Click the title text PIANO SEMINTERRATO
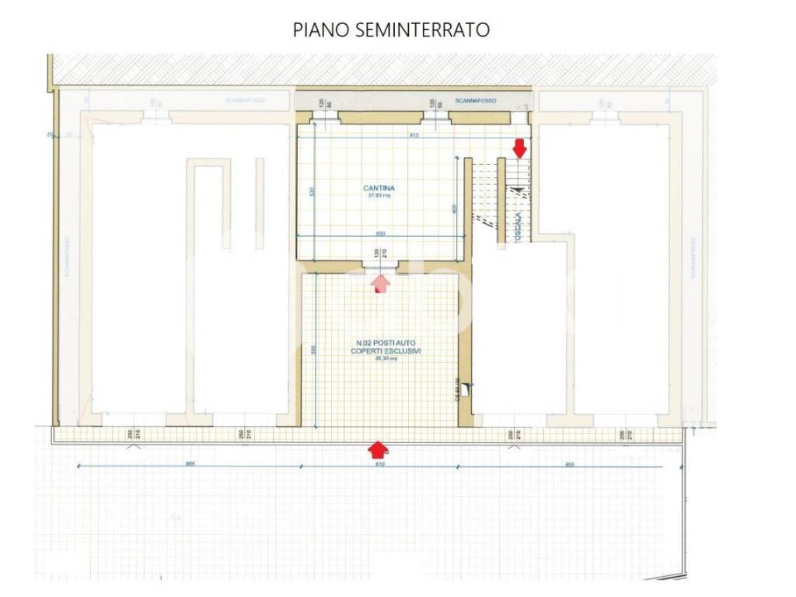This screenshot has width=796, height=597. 391,30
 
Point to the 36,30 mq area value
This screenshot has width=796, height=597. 386,359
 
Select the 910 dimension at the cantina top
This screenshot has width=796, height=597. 414,135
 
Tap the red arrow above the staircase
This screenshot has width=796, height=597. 519,148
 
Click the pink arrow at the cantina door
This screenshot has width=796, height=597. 380,283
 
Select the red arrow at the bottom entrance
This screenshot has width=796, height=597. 378,449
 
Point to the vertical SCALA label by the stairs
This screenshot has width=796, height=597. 519,225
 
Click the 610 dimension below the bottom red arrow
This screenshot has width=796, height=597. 379,464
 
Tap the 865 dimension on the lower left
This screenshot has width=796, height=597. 190,464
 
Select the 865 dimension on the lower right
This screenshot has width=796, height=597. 570,464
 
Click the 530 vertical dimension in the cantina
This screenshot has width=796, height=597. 312,191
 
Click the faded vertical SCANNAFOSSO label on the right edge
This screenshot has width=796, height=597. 691,257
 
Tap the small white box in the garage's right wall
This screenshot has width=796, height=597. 464,391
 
